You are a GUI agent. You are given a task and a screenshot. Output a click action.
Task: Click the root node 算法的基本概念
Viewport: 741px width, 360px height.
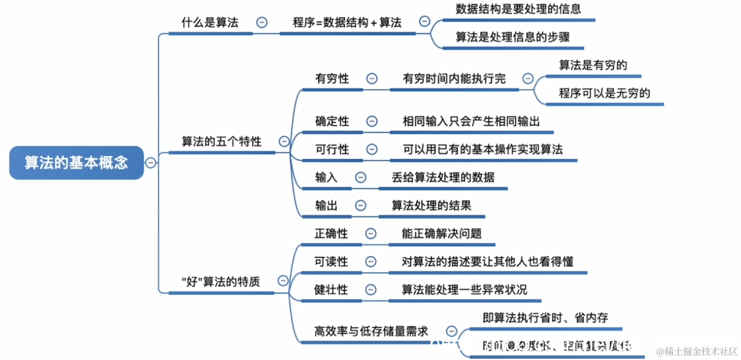point(76,162)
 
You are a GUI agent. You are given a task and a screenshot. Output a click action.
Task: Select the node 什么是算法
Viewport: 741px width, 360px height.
point(210,23)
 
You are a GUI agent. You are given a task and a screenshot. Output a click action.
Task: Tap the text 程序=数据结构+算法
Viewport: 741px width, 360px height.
point(347,23)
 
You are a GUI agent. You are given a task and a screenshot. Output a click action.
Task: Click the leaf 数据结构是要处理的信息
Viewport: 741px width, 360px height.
point(518,9)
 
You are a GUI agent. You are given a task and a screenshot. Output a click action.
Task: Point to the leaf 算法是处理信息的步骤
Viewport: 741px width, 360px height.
point(512,37)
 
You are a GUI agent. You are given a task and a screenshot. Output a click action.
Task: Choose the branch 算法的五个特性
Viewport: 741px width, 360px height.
point(222,142)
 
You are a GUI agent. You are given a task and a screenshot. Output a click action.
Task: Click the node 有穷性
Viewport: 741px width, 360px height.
point(332,79)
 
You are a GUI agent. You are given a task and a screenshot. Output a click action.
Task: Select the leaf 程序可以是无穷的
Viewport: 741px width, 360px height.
point(605,93)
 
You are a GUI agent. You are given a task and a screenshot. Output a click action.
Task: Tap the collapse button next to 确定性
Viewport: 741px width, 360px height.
point(372,121)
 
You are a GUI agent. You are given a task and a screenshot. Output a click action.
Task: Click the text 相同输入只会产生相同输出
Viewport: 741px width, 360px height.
point(471,121)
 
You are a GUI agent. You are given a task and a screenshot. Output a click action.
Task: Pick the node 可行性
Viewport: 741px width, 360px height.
point(332,149)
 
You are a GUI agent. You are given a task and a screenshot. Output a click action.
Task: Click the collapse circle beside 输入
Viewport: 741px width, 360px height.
point(361,177)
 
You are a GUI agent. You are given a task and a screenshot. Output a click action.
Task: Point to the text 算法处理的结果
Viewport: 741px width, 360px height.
point(431,205)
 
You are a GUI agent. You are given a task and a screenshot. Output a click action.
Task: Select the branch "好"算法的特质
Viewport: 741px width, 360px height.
point(221,282)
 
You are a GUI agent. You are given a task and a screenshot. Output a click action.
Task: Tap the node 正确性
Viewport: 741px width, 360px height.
point(332,233)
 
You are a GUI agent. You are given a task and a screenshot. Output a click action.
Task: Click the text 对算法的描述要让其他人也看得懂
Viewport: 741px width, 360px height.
point(487,261)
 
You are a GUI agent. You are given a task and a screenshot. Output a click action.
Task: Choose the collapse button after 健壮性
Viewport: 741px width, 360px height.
point(371,289)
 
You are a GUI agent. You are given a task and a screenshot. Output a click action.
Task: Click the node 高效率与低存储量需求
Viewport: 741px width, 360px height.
point(371,331)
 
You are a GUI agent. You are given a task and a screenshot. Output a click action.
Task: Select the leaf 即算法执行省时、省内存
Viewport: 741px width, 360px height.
point(545,318)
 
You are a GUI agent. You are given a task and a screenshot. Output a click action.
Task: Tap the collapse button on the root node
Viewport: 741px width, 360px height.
point(151,163)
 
